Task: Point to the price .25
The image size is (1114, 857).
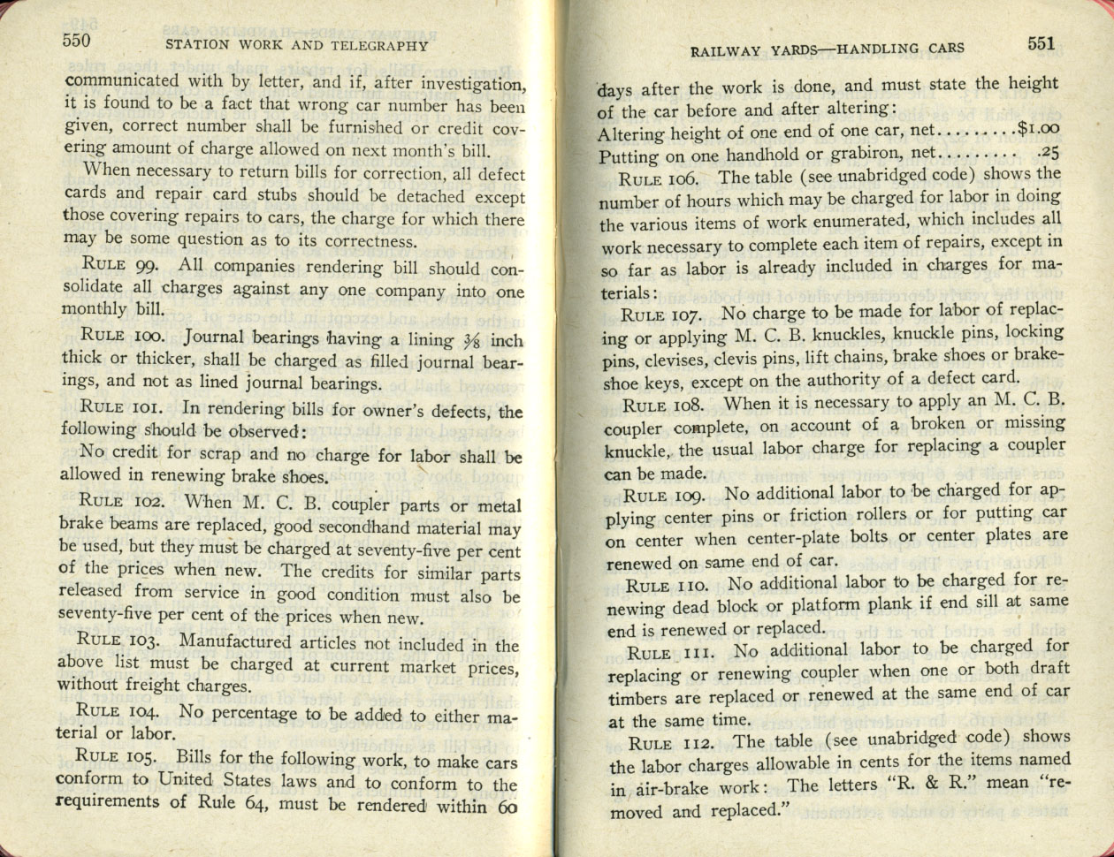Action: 1049,152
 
